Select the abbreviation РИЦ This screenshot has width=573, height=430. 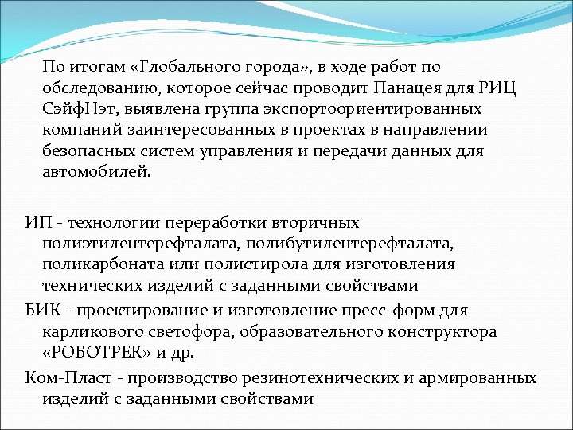pyautogui.click(x=498, y=88)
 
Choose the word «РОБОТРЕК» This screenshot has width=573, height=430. pyautogui.click(x=98, y=351)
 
